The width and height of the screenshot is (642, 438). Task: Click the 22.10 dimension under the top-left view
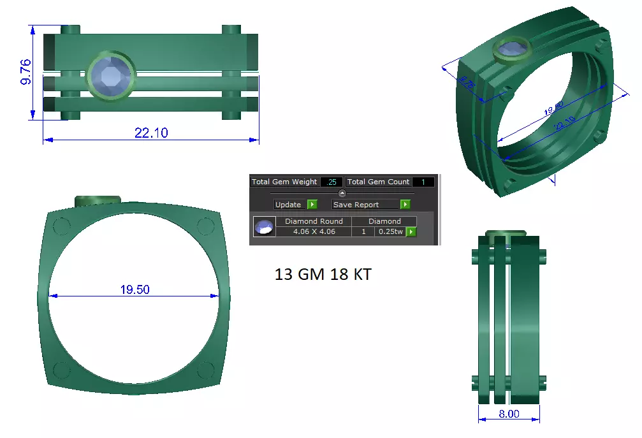pos(151,133)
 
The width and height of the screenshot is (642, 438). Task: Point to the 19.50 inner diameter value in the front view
pos(135,289)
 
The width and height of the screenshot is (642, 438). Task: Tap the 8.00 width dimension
pos(509,414)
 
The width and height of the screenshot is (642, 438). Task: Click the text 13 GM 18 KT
pos(323,275)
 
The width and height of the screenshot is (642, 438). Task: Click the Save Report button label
pos(356,205)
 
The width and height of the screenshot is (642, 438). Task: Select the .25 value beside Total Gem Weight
pos(332,182)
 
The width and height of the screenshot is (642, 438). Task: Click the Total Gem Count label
pos(379,182)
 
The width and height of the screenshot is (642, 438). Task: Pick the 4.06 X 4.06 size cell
pos(314,231)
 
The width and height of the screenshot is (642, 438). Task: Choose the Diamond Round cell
pos(314,221)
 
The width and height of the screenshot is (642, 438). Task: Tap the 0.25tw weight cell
pos(390,231)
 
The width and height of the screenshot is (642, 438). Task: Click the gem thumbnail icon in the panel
pos(264,226)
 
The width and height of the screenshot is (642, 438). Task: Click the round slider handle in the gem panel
pos(342,193)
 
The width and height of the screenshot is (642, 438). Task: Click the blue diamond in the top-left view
pos(110,75)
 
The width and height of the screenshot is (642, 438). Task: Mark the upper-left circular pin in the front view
pos(62,226)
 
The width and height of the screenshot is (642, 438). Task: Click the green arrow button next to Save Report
pos(405,205)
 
